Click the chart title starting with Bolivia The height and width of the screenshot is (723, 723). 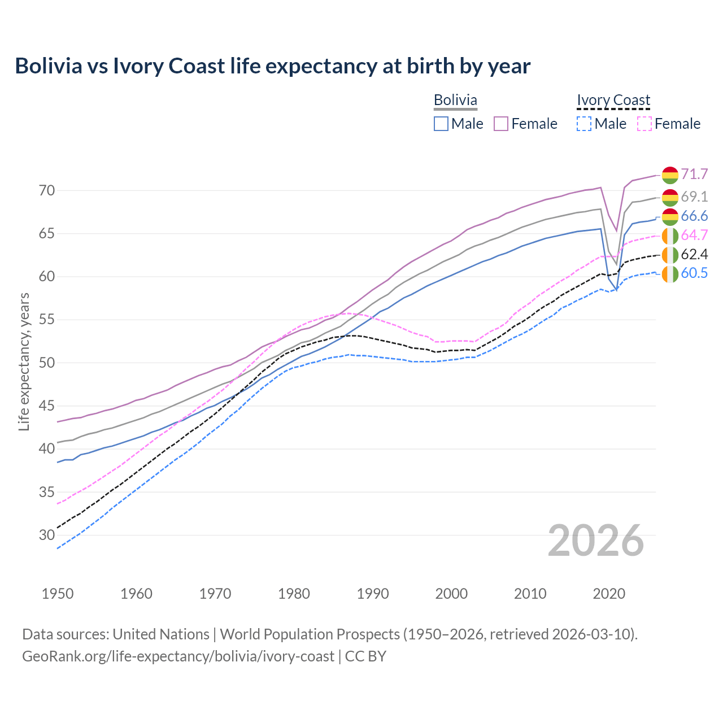[x=272, y=66]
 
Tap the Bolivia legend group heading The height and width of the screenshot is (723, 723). [x=455, y=100]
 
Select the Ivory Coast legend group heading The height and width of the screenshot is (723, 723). [x=613, y=100]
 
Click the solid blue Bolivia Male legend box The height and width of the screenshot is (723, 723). [x=441, y=124]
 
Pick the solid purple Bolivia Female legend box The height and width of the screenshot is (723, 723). [x=502, y=124]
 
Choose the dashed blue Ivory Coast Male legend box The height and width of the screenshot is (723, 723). [x=584, y=124]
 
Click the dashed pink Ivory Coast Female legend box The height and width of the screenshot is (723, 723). [x=644, y=124]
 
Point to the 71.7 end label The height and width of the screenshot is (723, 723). [x=694, y=174]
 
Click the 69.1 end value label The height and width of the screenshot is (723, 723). [x=694, y=197]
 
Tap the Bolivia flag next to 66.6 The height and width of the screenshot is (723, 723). [x=670, y=216]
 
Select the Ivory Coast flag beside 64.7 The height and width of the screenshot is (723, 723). [x=670, y=236]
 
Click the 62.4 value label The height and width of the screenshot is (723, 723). [x=694, y=254]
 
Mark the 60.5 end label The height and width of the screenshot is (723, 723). [x=694, y=273]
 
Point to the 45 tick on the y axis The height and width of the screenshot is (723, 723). [x=47, y=406]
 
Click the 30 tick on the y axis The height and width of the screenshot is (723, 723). [x=47, y=535]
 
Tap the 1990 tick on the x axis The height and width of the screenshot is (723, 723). [x=373, y=594]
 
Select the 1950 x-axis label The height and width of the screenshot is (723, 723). [x=58, y=594]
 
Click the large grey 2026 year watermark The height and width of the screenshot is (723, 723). [x=595, y=541]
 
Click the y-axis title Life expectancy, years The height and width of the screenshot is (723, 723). [x=24, y=361]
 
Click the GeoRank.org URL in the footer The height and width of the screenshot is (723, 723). [x=178, y=656]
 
